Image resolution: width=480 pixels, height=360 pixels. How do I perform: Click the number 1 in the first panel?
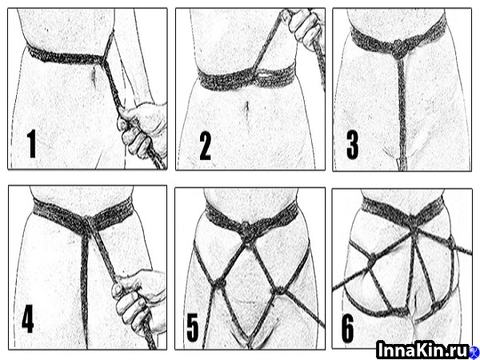pos(31,143)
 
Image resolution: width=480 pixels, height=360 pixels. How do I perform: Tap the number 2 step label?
pos(205,147)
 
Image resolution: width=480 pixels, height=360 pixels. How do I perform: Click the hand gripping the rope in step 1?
pos(142,130)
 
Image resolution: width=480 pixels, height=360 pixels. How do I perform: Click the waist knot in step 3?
pos(399,49)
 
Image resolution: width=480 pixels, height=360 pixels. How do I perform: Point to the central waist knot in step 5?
pos(246,230)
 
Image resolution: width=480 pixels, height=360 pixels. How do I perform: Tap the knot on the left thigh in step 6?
pos(371,261)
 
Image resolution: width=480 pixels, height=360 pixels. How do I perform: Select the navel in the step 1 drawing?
pos(94,76)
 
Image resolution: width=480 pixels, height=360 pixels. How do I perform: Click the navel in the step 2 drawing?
pos(246,107)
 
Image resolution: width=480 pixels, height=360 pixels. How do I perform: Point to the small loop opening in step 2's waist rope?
pos(264,74)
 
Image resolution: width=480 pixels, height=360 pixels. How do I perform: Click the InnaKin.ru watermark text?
pos(422,349)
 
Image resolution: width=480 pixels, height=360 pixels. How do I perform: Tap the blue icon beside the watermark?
pos(474,350)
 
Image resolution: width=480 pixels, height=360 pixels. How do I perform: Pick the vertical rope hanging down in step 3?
pos(402,114)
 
